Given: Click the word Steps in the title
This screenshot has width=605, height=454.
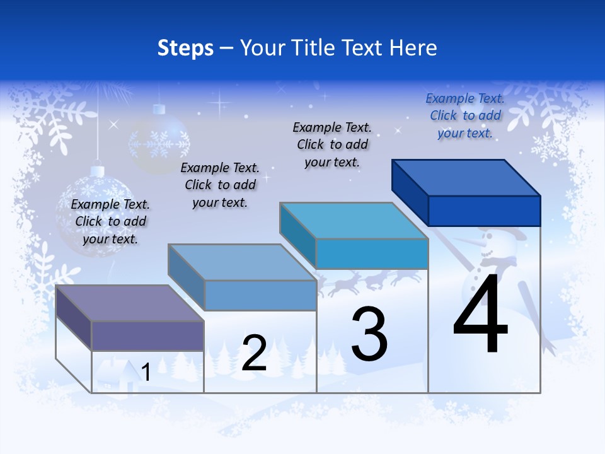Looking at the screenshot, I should (185, 48).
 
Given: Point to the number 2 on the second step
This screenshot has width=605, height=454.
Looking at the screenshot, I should (254, 353).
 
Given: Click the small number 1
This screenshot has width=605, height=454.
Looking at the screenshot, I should (146, 372).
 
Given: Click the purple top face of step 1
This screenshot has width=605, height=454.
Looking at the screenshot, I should (130, 303).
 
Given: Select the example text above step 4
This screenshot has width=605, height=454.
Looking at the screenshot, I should (465, 116).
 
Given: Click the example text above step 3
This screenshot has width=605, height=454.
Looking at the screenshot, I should (332, 144).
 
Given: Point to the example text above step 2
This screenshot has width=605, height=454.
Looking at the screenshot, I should (220, 185).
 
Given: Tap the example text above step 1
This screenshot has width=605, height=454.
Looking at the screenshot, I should (110, 221).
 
